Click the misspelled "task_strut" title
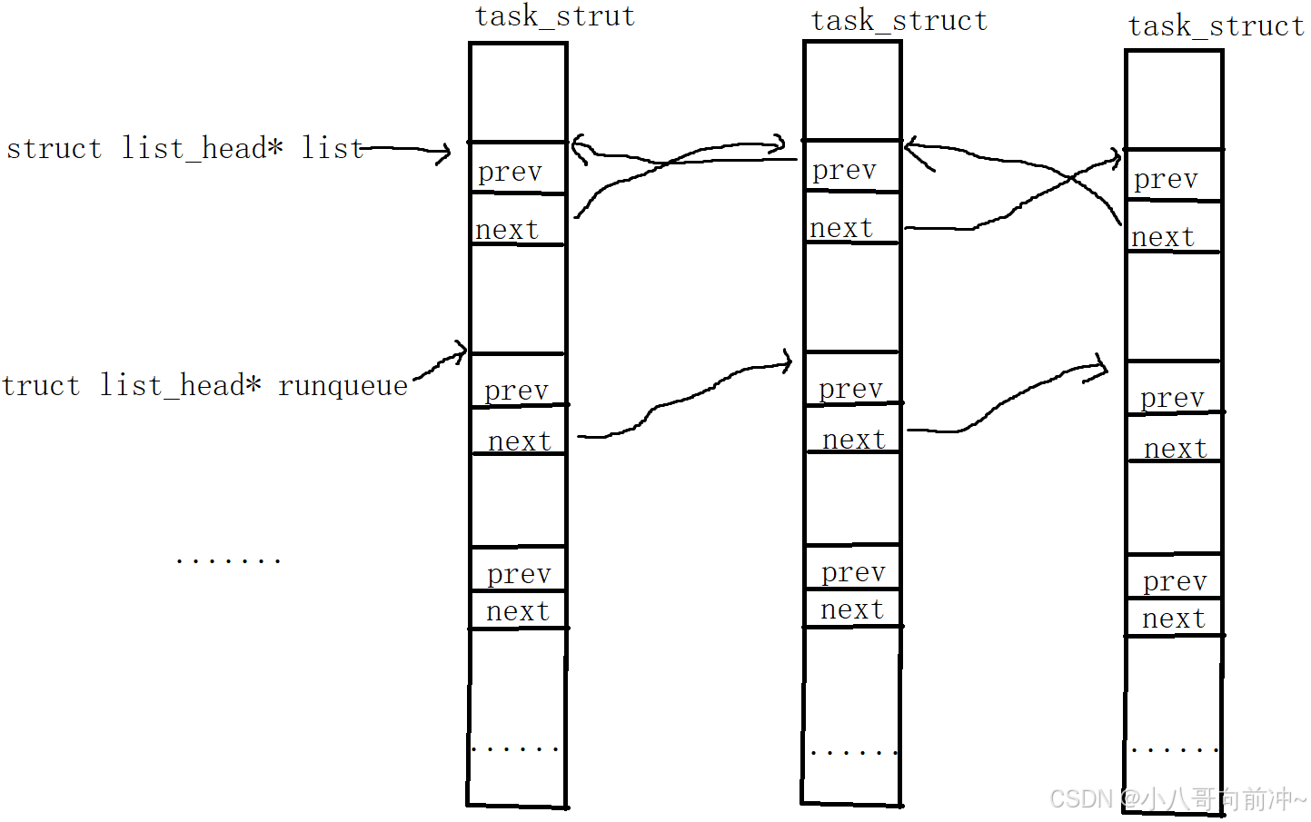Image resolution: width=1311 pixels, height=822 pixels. [x=554, y=16]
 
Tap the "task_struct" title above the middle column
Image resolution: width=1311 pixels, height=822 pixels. [x=899, y=21]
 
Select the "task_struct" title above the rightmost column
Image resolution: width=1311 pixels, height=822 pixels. [x=1216, y=26]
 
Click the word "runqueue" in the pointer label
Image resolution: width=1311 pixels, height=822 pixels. [x=343, y=386]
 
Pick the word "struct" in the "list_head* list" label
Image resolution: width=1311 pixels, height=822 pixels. [x=54, y=149]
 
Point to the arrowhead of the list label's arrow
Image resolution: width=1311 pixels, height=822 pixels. [x=444, y=153]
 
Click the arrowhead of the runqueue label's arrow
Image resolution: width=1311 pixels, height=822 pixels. [x=462, y=350]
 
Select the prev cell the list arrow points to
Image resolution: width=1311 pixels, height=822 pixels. [x=518, y=169]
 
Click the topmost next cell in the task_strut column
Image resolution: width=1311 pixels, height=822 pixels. [x=518, y=221]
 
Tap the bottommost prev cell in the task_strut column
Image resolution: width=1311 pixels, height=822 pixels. [x=518, y=570]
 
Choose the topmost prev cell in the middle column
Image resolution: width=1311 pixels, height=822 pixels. [x=852, y=167]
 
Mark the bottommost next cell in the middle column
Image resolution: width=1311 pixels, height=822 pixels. [x=852, y=609]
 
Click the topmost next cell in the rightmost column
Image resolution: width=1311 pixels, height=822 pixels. [x=1174, y=228]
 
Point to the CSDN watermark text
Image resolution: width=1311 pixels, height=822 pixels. [x=1177, y=799]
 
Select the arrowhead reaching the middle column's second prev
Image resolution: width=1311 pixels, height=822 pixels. [x=787, y=363]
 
